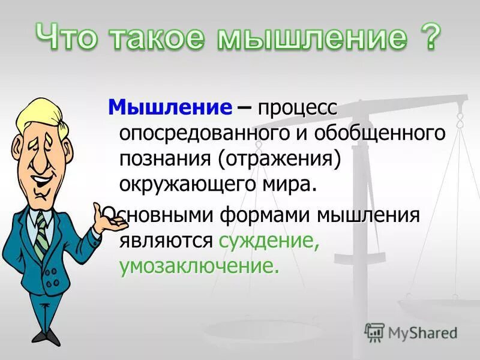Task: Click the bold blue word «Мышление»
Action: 169,108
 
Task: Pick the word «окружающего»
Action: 196,183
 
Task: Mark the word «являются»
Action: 166,240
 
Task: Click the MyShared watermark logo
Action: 412,332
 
